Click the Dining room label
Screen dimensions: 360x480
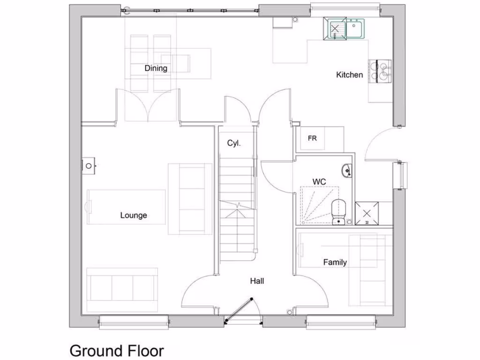pos(156,68)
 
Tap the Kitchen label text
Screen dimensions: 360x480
pos(349,75)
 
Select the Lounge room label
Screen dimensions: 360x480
pos(134,216)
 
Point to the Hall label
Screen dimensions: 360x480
pos(257,281)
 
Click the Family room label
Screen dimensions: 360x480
pos(335,262)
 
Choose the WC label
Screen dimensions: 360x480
pos(319,181)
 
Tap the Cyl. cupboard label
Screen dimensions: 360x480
pos(233,143)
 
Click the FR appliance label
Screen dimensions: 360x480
pos(312,139)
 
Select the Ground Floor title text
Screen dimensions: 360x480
pos(117,351)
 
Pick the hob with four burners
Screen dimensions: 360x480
pos(380,72)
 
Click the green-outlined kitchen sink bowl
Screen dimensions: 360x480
pos(335,29)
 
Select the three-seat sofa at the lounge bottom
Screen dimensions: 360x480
pos(122,287)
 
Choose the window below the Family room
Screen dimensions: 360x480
pos(341,321)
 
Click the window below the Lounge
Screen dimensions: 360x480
pos(134,321)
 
